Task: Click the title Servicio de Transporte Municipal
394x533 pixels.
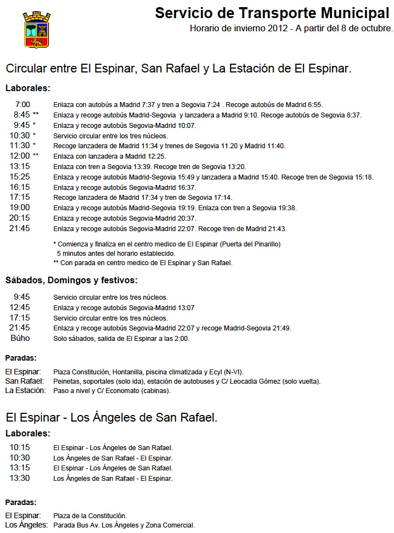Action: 272,13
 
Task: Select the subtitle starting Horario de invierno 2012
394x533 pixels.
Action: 291,28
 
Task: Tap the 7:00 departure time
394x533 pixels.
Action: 22,104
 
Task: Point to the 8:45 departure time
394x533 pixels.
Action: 22,115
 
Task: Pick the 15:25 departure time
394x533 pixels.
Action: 20,177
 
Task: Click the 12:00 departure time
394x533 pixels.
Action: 20,156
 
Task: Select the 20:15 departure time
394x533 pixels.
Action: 20,218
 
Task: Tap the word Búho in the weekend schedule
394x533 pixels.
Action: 20,338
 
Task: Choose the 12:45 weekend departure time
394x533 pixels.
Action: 20,307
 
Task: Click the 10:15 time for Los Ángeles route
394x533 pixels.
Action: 20,447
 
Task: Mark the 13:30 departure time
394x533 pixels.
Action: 20,478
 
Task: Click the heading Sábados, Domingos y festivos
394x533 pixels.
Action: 71,280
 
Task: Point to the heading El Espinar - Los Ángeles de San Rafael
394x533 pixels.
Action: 111,418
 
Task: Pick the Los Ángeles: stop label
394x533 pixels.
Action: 25,525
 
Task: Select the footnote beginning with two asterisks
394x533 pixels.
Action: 143,263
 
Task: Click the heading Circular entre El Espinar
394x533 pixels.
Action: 178,69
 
